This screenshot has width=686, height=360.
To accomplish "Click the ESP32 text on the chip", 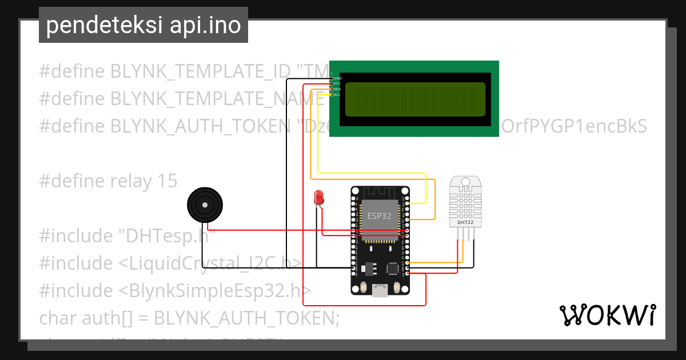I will [379, 215].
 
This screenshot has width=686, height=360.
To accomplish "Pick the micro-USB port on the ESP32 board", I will [379, 291].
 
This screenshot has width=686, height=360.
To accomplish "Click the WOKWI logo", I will [607, 315].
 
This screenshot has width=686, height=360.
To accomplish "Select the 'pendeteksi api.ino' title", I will [143, 26].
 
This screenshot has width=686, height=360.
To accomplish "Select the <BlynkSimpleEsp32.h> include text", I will [215, 290].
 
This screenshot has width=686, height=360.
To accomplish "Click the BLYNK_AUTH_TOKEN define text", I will [197, 126].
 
